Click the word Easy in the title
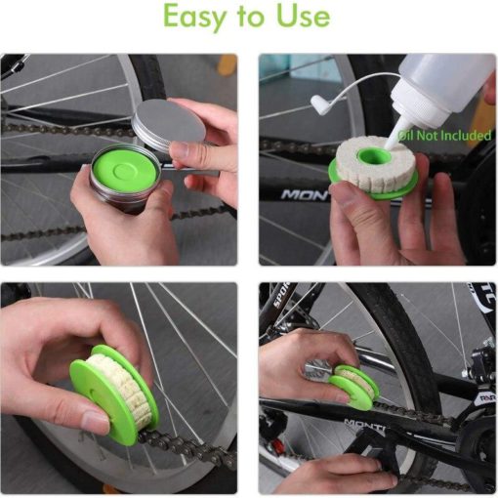(193, 17)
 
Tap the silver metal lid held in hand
(169, 124)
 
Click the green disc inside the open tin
(124, 170)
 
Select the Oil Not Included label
(444, 135)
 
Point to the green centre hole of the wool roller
(373, 158)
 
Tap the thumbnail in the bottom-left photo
(96, 421)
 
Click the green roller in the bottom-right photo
(353, 387)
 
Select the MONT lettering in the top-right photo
(305, 195)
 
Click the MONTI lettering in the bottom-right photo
(364, 424)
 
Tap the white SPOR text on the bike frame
(281, 295)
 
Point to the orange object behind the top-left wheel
(227, 65)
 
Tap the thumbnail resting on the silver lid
(184, 150)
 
